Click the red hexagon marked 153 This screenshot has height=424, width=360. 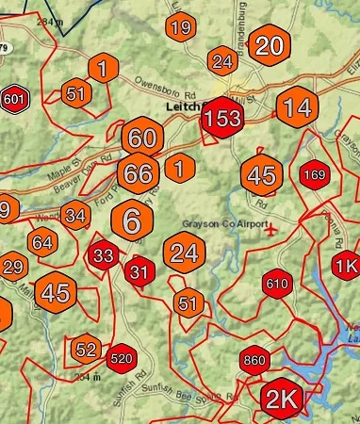point(223,119)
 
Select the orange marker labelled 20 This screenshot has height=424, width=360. point(269,46)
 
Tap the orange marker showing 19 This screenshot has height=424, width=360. point(181,27)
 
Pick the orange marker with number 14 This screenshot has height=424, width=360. point(297,106)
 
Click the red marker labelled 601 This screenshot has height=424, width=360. point(14,99)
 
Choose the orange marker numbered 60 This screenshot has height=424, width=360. point(142,138)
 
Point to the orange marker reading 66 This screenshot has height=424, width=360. point(138,173)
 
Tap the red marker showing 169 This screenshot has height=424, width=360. point(314,174)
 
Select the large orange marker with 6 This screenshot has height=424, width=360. point(133,221)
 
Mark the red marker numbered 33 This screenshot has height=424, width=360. point(104,255)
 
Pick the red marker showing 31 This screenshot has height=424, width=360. point(139,272)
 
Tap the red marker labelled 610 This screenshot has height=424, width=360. point(277,284)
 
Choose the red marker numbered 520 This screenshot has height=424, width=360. point(121,358)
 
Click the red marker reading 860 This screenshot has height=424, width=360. point(254,361)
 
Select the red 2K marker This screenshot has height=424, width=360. point(281,399)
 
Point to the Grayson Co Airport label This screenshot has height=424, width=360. point(219,223)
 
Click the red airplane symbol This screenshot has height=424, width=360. point(272,229)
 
